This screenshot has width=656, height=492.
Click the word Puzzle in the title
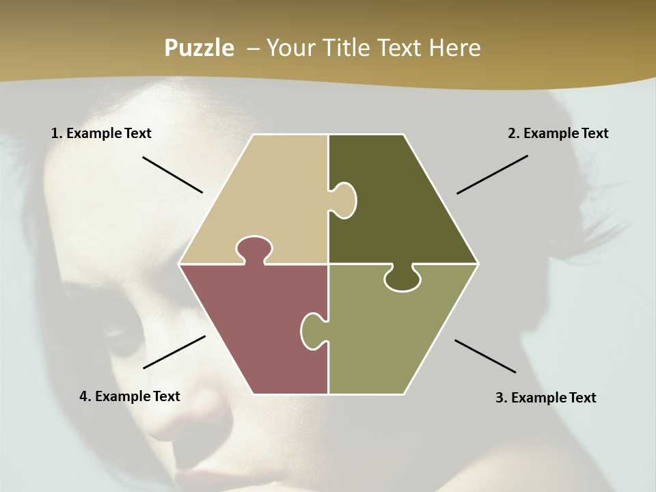[x=199, y=48]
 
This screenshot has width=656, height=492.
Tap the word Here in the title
[x=454, y=48]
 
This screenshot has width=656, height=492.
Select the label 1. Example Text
[x=101, y=133]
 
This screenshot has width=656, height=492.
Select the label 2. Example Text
[x=558, y=133]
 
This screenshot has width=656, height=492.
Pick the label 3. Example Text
[x=545, y=398]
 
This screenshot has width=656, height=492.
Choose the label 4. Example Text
[x=130, y=396]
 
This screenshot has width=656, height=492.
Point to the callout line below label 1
[x=172, y=175]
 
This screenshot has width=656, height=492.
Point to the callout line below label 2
[x=492, y=174]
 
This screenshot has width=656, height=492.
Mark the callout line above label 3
[x=485, y=356]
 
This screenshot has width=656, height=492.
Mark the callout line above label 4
[x=174, y=352]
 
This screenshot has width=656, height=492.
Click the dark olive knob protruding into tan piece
[x=344, y=200]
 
